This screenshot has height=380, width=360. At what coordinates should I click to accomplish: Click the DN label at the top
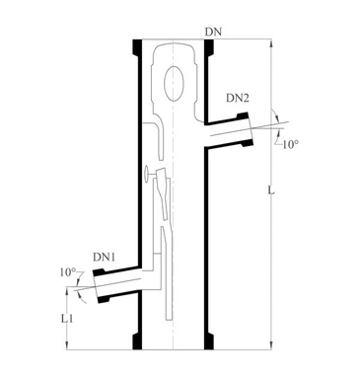coord(213,33)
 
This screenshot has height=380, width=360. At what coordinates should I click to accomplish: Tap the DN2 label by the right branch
coord(238,98)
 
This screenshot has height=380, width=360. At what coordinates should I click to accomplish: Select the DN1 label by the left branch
coord(105,257)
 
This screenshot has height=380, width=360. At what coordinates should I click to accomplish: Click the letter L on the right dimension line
coord(271,190)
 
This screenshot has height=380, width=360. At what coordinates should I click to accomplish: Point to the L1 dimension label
coord(67,318)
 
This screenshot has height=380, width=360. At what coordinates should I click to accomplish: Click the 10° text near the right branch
coord(290,144)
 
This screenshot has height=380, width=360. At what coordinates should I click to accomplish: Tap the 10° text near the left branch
coord(68,272)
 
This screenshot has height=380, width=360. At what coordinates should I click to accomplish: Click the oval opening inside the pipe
coord(174,83)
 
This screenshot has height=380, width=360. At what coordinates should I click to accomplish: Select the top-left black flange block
coord(137,47)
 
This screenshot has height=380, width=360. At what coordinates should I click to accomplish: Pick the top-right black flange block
coord(209,47)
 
